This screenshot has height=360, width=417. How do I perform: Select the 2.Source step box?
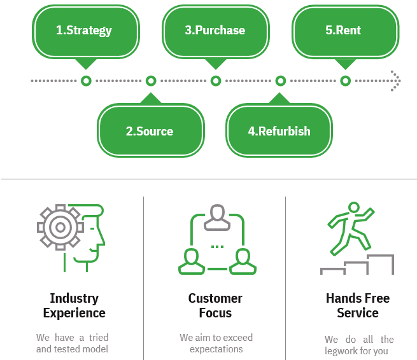click(150, 131)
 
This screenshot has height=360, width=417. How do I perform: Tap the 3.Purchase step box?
click(215, 31)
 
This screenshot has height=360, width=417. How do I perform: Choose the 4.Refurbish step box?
click(279, 131)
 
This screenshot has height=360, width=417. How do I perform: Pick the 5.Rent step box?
click(344, 31)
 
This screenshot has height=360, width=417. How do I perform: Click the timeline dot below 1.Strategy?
click(86, 81)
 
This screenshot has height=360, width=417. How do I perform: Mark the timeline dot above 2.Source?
click(151, 81)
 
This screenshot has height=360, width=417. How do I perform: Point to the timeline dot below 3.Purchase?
click(216, 81)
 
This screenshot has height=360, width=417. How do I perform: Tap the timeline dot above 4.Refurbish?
click(280, 81)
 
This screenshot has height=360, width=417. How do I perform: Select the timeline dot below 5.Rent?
click(345, 81)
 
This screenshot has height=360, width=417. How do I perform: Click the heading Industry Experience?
click(74, 305)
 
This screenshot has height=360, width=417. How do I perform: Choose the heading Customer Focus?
click(215, 305)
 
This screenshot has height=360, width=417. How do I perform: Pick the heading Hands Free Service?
click(357, 305)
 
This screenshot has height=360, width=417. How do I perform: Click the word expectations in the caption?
click(216, 349)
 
